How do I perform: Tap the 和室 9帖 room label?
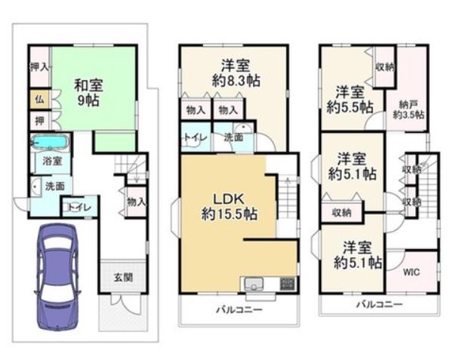88,93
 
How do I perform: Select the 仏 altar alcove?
40,100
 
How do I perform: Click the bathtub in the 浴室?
51,143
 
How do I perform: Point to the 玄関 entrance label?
123,278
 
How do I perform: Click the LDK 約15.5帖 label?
230,207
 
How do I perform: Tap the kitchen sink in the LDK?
254,284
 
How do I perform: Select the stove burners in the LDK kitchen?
288,284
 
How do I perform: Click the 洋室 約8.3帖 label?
236,73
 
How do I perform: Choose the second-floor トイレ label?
196,137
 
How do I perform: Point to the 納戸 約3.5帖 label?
408,109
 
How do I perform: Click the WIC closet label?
411,272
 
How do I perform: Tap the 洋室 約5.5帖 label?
350,100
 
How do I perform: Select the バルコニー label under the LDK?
239,309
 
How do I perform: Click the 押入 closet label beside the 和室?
40,67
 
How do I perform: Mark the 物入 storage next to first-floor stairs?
137,202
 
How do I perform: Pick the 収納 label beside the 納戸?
385,67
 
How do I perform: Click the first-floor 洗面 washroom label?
55,186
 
